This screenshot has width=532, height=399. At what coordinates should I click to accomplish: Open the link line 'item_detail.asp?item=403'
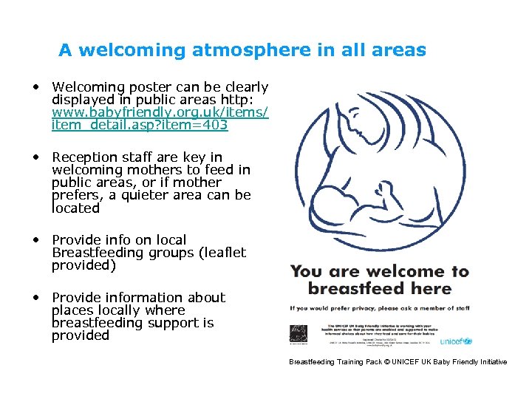[x=140, y=125]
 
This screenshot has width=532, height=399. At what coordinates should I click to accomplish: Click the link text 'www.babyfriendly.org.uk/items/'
[x=160, y=112]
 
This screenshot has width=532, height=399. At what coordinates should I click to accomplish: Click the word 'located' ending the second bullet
[x=75, y=208]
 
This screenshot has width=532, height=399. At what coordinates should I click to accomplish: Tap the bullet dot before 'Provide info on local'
[x=35, y=239]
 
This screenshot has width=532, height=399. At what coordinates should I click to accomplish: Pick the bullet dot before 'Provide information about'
[x=35, y=297]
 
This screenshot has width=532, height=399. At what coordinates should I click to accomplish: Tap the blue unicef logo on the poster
[x=456, y=341]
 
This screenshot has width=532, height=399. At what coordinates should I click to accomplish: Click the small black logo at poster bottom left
[x=299, y=334]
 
